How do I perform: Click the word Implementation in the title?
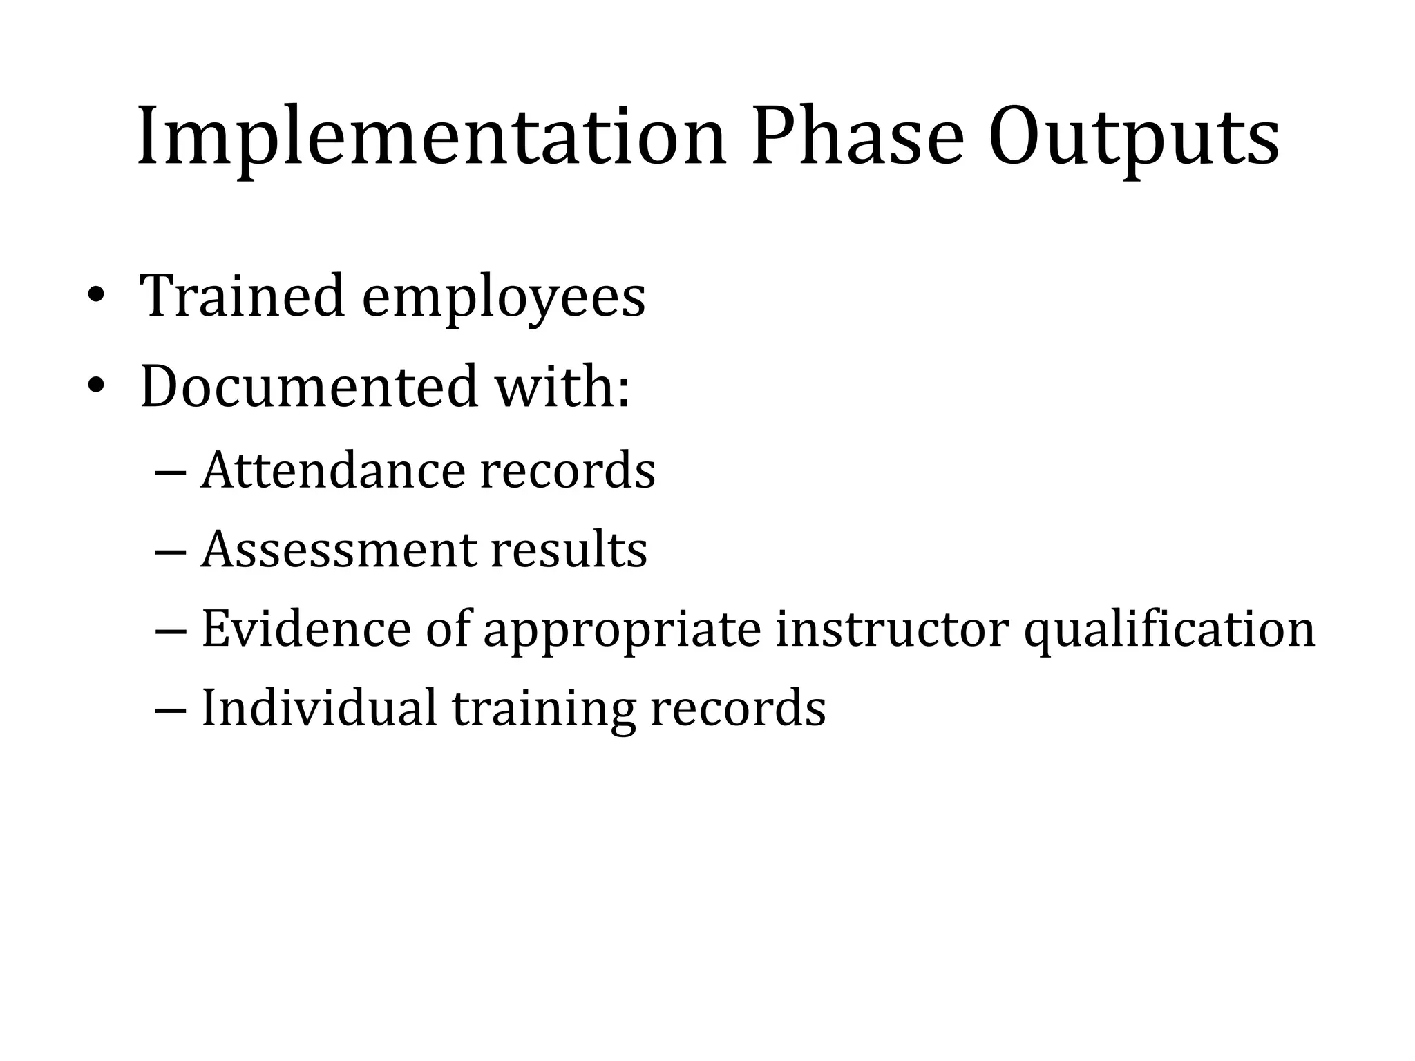tap(432, 138)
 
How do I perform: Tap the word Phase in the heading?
tap(857, 138)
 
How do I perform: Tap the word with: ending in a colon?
tap(562, 386)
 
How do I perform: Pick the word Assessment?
tap(339, 551)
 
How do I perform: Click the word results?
tap(569, 551)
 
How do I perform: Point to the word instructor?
tap(892, 629)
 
